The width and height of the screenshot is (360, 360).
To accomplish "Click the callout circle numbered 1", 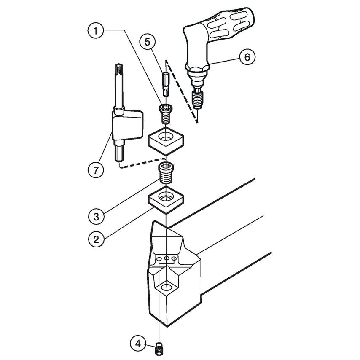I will click(x=96, y=30).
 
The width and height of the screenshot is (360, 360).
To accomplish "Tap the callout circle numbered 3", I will click(x=96, y=217).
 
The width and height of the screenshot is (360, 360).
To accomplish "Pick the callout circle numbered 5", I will click(x=148, y=42).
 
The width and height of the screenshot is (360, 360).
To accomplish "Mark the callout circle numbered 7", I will click(x=96, y=170).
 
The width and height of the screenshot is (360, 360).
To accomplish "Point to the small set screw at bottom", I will click(x=159, y=348).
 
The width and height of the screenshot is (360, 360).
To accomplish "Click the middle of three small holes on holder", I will click(x=167, y=258).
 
